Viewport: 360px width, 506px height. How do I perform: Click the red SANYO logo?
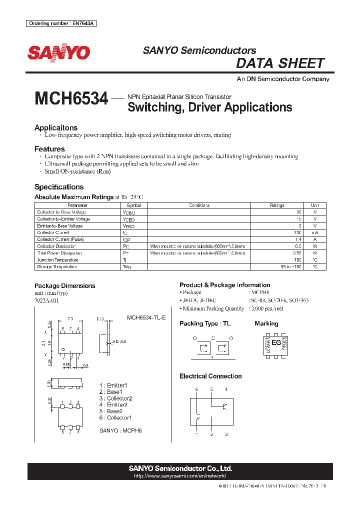point(58,52)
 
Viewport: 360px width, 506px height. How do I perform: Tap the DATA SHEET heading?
point(280,63)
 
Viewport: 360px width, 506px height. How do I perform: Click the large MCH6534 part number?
point(71,98)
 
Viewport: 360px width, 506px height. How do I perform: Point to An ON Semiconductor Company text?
point(282,79)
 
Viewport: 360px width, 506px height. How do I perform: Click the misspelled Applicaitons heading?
point(56,127)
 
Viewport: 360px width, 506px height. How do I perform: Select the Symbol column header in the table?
point(134,205)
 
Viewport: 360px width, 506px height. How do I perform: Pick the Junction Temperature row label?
point(57,260)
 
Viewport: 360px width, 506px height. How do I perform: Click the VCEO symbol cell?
point(128,219)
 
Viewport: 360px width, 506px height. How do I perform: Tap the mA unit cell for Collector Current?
point(314,232)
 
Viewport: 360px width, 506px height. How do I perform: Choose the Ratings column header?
point(277,205)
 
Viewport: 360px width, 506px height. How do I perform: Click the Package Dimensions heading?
point(64,286)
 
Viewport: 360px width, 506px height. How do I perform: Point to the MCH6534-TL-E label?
point(146,317)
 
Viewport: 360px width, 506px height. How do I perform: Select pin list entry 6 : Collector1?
point(115,417)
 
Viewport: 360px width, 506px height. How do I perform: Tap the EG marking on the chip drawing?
point(276,342)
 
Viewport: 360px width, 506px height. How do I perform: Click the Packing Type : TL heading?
point(204,323)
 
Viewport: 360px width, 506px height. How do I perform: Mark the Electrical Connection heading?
point(210,376)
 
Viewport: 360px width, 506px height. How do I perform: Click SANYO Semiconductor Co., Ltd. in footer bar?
point(180,468)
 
